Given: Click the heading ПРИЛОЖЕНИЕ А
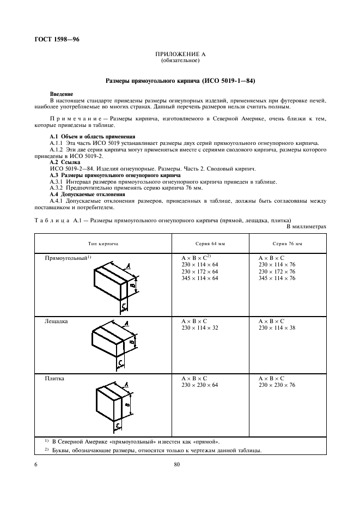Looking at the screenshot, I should click(180, 54).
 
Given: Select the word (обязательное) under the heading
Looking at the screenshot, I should click(180, 60).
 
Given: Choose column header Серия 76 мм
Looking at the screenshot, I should click(287, 244).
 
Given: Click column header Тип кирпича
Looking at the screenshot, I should click(103, 244).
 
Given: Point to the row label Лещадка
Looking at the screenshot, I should click(56, 322).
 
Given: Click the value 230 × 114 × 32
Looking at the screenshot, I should click(199, 329).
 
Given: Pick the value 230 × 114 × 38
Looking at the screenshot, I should click(277, 329).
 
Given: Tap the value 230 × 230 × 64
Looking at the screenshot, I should click(199, 385).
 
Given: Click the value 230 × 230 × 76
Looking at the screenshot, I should click(277, 385).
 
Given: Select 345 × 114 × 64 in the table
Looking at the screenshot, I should click(199, 278).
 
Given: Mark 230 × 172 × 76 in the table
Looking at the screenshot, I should click(277, 271).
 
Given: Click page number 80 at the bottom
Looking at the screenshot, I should click(177, 464).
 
